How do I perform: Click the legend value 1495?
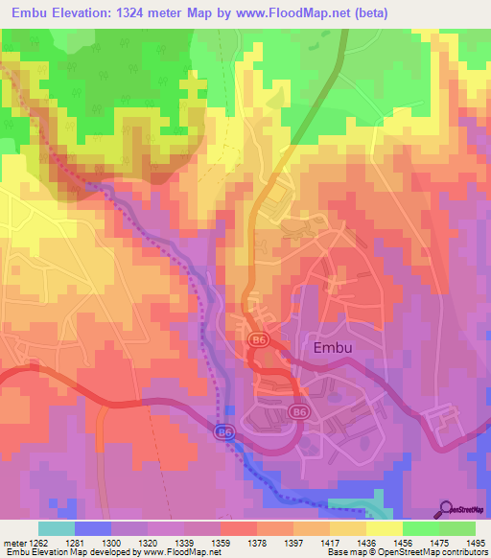(475, 543)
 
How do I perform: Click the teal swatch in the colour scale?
(56, 528)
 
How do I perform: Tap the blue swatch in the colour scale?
(92, 528)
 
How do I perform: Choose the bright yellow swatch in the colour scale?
(384, 528)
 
